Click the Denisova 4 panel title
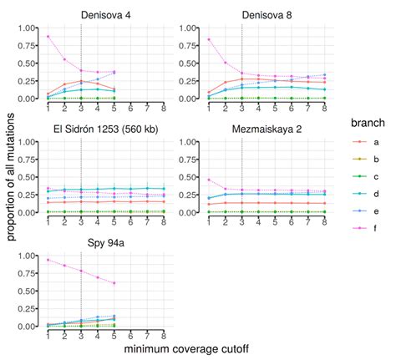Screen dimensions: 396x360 tap(106, 15)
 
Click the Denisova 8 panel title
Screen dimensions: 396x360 tap(267, 15)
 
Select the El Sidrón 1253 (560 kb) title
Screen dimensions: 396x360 tap(106, 129)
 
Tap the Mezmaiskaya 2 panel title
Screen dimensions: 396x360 tap(267, 129)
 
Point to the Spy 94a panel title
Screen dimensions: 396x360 tap(106, 243)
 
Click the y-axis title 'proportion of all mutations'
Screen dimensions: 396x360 tap(11, 177)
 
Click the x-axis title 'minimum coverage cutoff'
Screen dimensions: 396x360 tap(186, 349)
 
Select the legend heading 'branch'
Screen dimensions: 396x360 tap(368, 123)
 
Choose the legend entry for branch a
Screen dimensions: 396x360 tap(365, 142)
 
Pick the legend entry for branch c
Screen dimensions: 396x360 tap(365, 176)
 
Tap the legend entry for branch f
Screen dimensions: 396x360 tap(365, 228)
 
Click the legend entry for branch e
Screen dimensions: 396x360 tap(365, 211)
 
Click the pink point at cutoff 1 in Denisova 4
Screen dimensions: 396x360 tap(48, 37)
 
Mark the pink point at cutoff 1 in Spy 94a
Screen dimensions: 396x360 tap(48, 260)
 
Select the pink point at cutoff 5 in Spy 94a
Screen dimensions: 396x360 tap(114, 283)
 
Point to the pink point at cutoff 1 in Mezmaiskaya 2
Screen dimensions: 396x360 tap(209, 180)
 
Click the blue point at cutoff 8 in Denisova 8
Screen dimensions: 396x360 tap(324, 74)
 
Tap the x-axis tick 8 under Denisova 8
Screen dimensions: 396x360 tap(324, 108)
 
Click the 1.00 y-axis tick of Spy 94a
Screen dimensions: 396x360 tap(27, 256)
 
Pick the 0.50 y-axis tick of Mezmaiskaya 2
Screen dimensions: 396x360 tap(187, 177)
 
